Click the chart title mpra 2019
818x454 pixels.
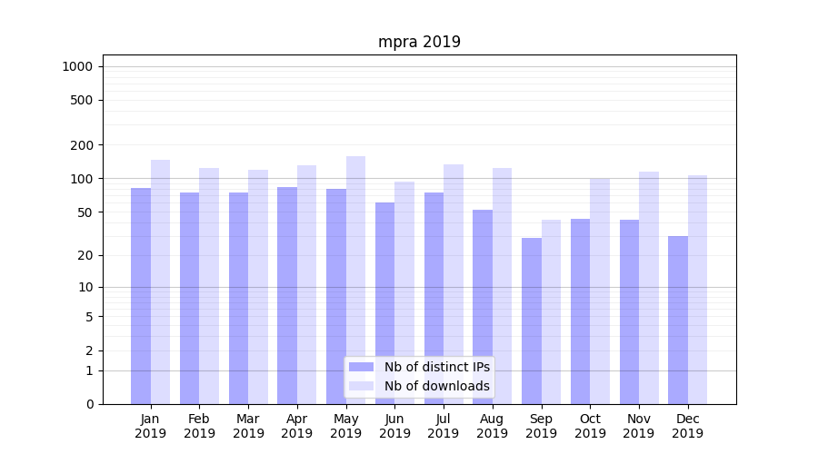click(x=419, y=42)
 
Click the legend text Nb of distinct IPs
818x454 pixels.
click(x=436, y=367)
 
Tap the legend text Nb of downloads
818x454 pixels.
click(x=436, y=386)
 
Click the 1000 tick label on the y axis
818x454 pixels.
click(x=77, y=66)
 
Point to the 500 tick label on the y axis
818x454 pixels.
click(x=82, y=100)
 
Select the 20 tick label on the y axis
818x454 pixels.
click(x=85, y=255)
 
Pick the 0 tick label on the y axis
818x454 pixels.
click(x=89, y=404)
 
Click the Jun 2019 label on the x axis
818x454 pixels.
click(x=394, y=426)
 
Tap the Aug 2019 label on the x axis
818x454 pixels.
click(x=493, y=426)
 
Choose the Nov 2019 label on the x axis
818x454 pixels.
click(x=639, y=426)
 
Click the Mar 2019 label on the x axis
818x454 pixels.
click(x=248, y=426)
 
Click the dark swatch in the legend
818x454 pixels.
click(x=362, y=367)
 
